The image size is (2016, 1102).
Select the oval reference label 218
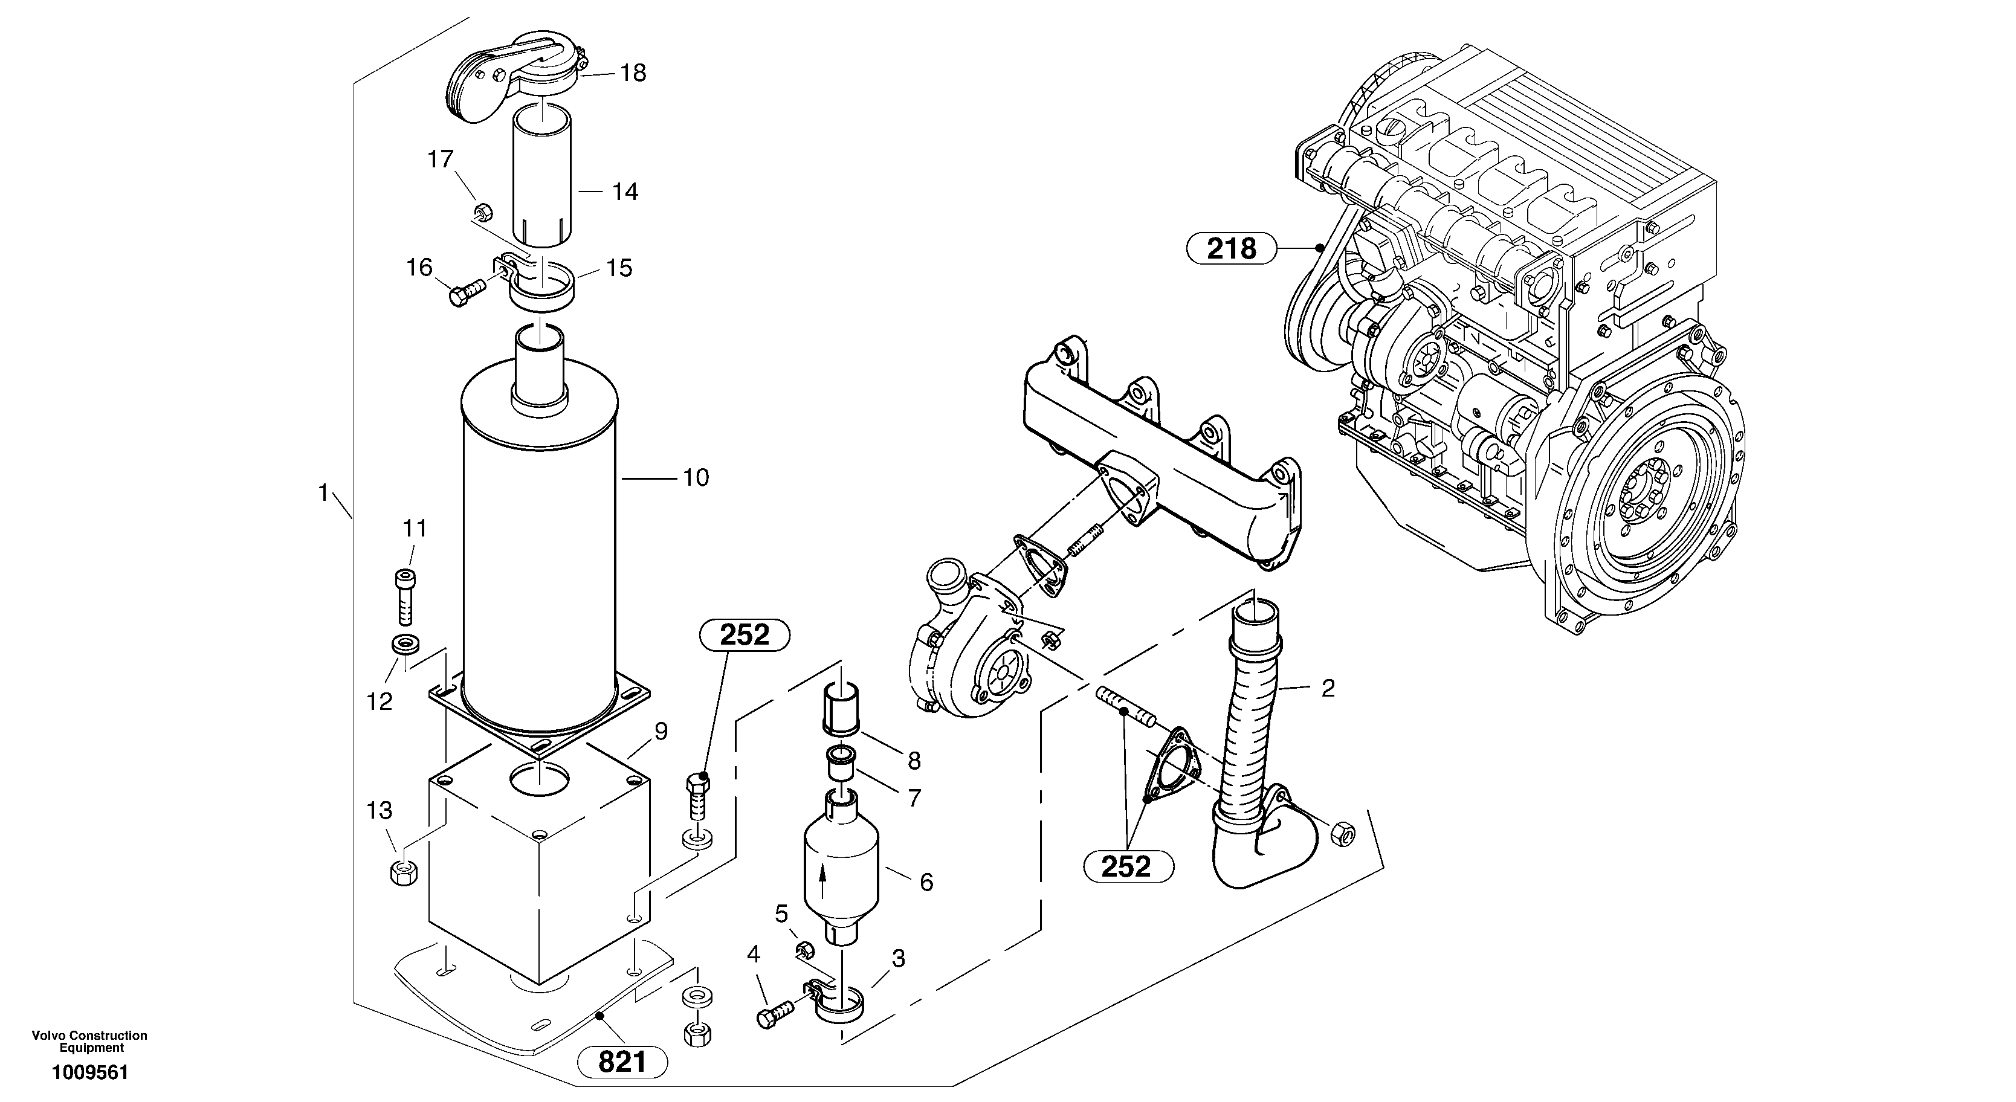tap(1231, 248)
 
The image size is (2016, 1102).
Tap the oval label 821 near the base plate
tap(622, 1062)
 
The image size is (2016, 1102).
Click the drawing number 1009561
tap(89, 1072)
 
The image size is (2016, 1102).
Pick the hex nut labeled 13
tap(403, 872)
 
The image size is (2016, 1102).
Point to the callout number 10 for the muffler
tap(695, 477)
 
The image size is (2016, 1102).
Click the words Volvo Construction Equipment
tap(89, 1041)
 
